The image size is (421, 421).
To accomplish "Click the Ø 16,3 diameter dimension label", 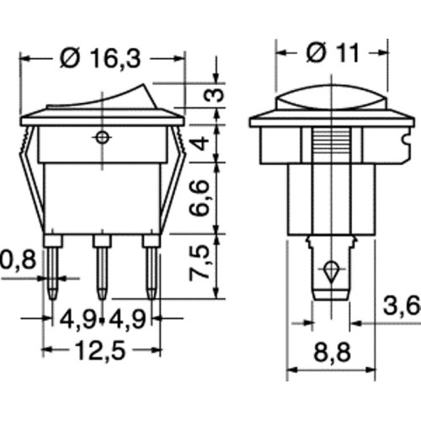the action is [100, 59].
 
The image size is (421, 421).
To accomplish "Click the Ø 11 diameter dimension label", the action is [333, 52].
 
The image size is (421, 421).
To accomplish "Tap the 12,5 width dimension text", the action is [100, 350].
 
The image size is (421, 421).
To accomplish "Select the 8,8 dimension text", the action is [333, 352].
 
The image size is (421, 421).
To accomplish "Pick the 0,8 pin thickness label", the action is [18, 260].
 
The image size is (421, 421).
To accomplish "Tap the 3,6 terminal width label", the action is [402, 306].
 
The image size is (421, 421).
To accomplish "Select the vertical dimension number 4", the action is [201, 143].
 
